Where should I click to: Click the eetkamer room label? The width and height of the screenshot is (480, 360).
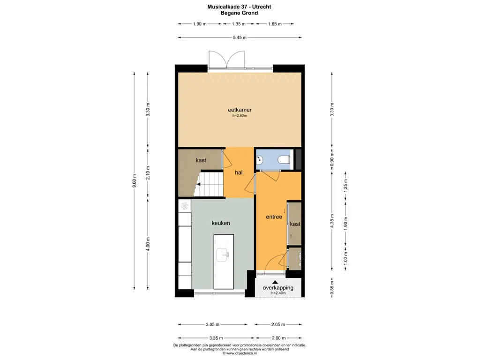click(x=240, y=110)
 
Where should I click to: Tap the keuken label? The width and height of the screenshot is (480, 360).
click(x=221, y=223)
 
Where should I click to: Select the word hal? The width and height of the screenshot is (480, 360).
click(x=239, y=172)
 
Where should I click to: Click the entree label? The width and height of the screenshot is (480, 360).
click(x=274, y=217)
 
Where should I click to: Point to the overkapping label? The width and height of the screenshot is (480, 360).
click(x=278, y=288)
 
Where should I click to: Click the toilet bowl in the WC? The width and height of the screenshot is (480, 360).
click(x=284, y=159)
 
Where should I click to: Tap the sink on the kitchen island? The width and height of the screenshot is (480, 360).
click(x=223, y=255)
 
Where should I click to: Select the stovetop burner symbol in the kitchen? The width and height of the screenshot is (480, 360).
click(x=185, y=206)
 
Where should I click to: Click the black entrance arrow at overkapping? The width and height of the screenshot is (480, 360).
click(x=275, y=282)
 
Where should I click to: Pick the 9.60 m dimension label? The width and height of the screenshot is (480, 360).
click(x=135, y=183)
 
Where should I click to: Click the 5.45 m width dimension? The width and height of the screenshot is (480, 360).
click(x=240, y=37)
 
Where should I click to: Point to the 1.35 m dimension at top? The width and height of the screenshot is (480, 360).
click(x=239, y=24)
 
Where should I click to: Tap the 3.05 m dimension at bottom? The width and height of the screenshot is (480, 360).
click(x=212, y=324)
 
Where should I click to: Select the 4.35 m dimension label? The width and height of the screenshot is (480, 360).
click(x=332, y=221)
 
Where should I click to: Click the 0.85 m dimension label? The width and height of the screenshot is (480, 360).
click(x=332, y=288)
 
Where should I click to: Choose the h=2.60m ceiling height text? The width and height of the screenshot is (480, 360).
click(x=240, y=116)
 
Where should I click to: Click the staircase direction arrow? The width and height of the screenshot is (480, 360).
click(x=198, y=184)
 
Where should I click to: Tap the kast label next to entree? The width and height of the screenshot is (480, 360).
click(x=295, y=224)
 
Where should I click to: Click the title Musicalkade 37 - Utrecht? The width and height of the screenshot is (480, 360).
click(x=239, y=7)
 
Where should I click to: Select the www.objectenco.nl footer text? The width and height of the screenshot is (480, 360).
click(x=240, y=353)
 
